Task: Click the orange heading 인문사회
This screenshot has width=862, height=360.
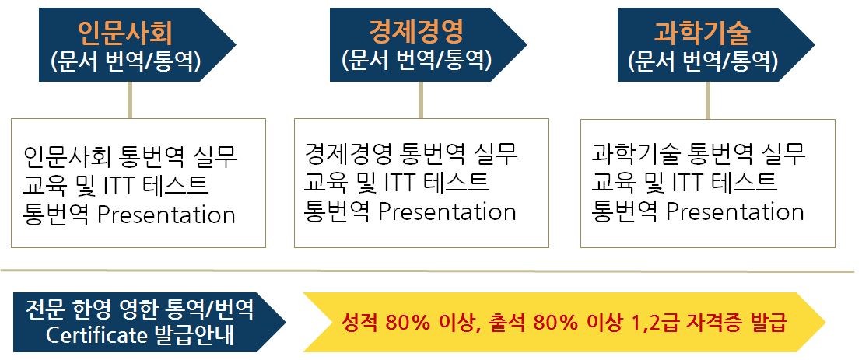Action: point(125,32)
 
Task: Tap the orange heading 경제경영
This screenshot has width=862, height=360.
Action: point(416,32)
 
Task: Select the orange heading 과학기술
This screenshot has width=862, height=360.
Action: point(703,32)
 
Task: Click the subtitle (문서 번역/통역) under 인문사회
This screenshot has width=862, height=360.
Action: point(125,61)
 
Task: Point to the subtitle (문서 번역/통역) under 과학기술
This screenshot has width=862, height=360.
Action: point(703,61)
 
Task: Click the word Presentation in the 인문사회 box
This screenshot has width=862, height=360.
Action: point(166,215)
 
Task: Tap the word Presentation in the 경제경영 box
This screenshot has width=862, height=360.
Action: point(447,211)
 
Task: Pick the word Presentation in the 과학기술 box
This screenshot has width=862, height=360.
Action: point(735,211)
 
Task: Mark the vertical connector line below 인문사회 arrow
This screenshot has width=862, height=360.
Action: point(130,100)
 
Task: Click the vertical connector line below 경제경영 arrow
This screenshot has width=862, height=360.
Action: point(421,100)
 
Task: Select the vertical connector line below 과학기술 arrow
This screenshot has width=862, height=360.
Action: point(707,100)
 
